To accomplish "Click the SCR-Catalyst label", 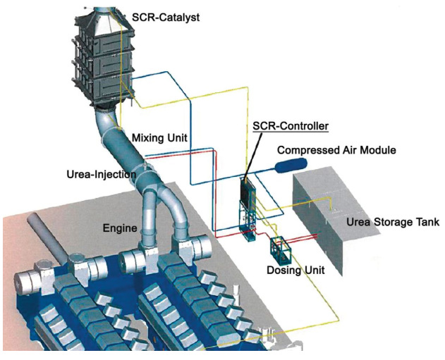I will coord(166,15).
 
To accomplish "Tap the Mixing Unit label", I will coord(159,137).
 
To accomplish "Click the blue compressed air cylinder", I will coord(290,166).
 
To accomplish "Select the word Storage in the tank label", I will coord(391,223).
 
